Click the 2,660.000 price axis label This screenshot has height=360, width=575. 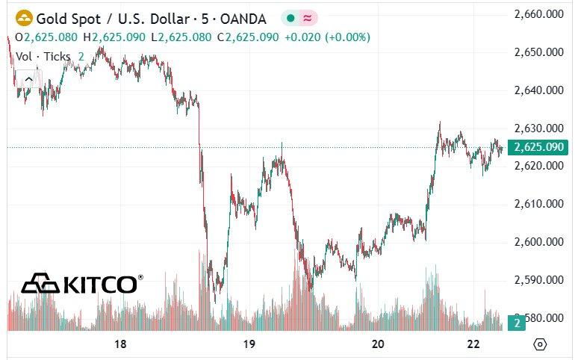pos(539,13)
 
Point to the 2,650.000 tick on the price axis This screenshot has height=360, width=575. pos(539,52)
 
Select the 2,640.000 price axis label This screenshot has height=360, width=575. pos(539,90)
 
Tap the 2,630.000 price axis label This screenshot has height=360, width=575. pos(539,128)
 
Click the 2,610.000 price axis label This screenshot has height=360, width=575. pos(539,204)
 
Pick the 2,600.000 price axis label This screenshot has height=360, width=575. pos(539,242)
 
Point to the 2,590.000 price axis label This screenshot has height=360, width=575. pos(539,280)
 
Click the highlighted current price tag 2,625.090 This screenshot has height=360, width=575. pos(539,147)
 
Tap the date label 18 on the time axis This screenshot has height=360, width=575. pos(120,344)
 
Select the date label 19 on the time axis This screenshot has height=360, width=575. pos(249,344)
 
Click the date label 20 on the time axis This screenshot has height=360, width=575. pos(378,344)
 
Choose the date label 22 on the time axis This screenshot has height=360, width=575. pos(472,344)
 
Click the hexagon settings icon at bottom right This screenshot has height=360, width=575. pos(541,344)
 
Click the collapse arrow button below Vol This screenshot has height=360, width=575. pos(29,77)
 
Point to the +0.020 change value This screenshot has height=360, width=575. pos(302,37)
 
